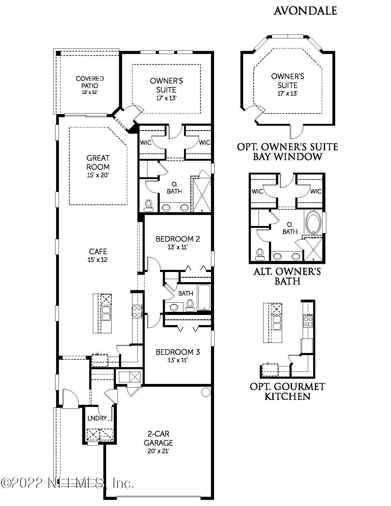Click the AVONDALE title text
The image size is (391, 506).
(305, 11)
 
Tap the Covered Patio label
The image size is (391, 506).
(90, 82)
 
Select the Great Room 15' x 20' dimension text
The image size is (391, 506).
(98, 175)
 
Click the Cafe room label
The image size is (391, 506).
(98, 252)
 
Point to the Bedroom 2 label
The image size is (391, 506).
(178, 239)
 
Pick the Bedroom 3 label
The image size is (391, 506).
(178, 352)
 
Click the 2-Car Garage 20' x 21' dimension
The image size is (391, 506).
(159, 451)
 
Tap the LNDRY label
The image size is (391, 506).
(97, 418)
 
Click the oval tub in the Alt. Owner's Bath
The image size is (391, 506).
(313, 224)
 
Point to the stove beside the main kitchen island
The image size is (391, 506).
(137, 311)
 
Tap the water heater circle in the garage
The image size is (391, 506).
(206, 392)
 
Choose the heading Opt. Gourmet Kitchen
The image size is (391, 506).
(287, 391)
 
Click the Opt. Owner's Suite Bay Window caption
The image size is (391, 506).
(287, 151)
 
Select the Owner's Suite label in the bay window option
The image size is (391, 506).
(287, 81)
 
